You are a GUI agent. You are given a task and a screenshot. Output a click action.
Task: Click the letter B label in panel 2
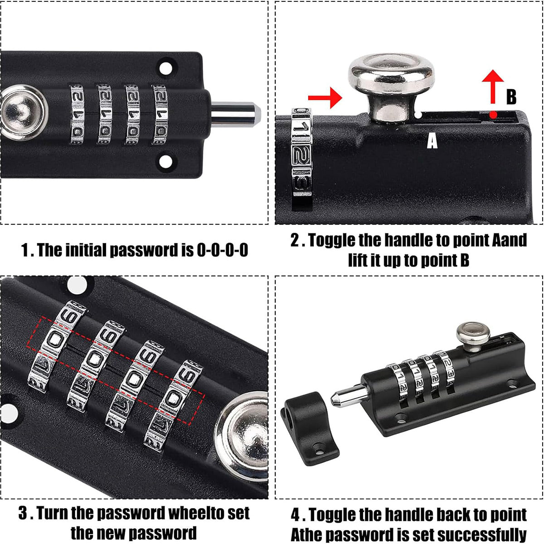(x=511, y=97)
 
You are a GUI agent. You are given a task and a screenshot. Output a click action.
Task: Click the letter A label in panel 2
(x=432, y=141)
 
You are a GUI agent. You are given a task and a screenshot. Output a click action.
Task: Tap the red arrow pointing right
(x=325, y=97)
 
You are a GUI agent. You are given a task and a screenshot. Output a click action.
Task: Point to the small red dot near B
(x=493, y=115)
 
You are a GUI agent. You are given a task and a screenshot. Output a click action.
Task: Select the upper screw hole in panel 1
(x=166, y=68)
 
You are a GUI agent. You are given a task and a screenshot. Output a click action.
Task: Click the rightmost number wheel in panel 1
(x=160, y=114)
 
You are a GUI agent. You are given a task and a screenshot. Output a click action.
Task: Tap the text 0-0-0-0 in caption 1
(x=222, y=250)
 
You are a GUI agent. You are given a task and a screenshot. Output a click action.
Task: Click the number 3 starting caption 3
(x=24, y=514)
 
